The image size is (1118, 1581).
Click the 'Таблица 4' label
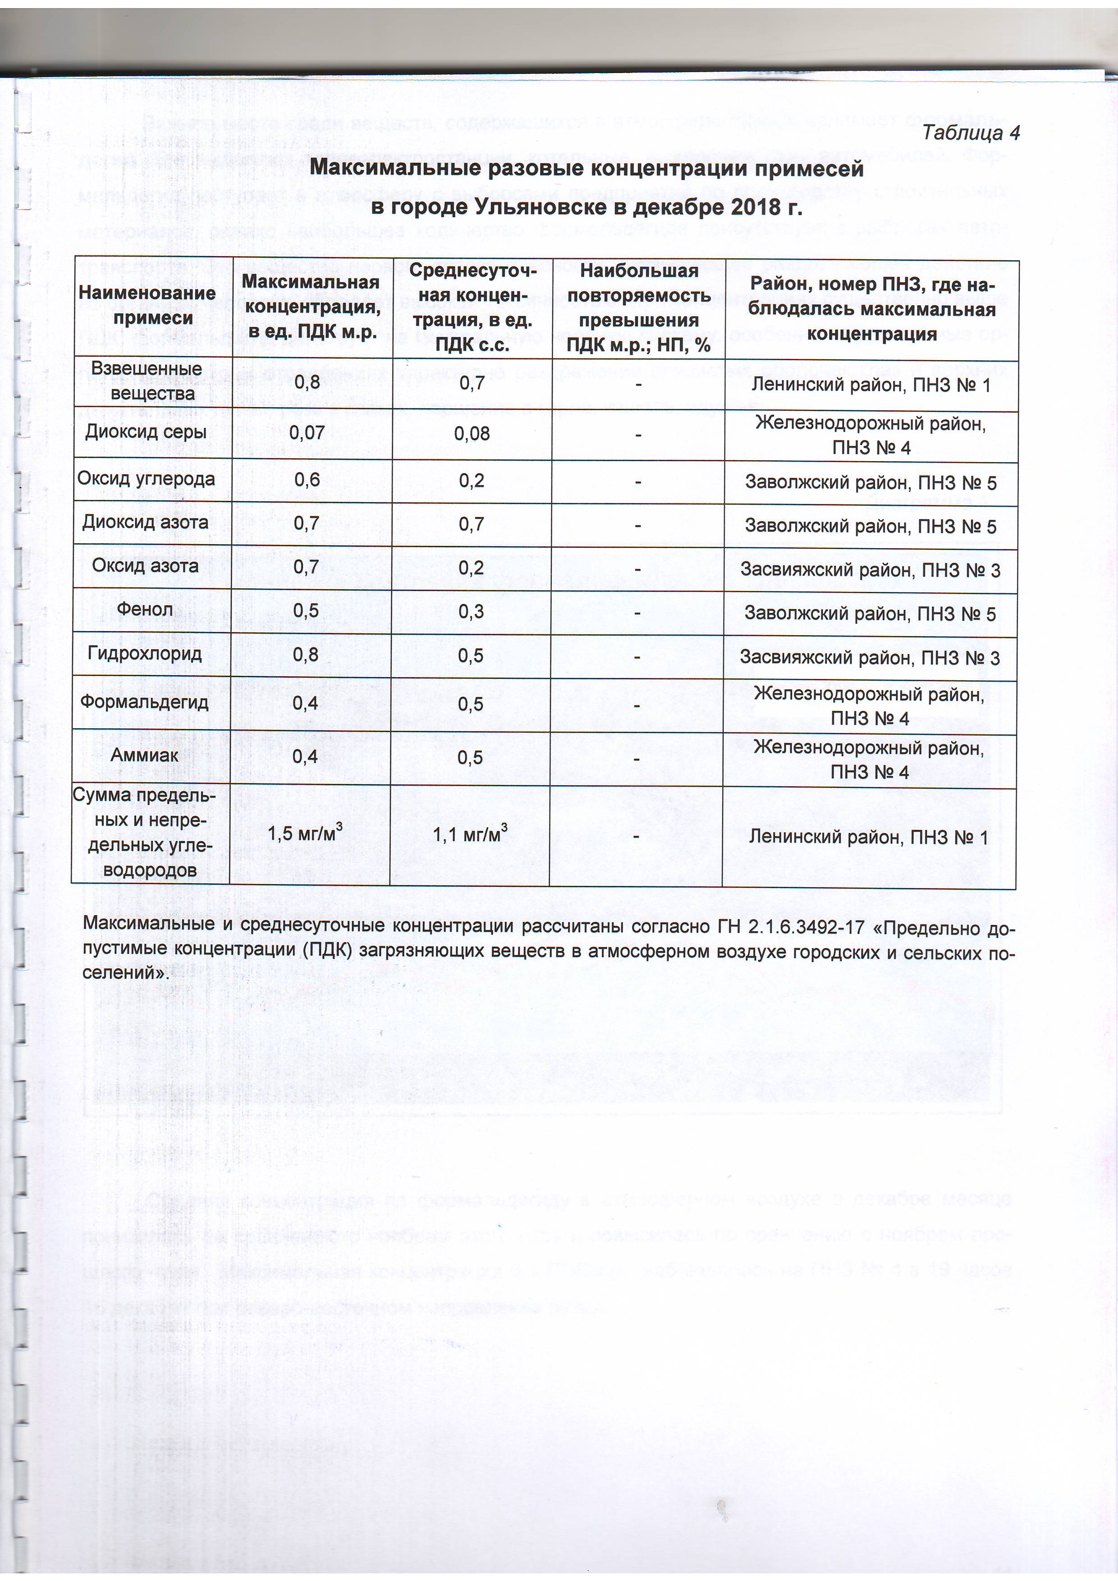(970, 133)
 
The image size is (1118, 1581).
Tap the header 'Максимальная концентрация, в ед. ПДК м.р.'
(312, 307)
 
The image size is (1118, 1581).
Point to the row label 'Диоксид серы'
(146, 432)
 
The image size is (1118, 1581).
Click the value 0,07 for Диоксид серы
(307, 432)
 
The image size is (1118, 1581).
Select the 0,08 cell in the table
(472, 433)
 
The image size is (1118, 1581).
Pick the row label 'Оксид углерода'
(146, 479)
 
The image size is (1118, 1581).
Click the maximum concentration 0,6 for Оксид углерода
(307, 479)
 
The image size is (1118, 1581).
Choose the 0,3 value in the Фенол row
(472, 611)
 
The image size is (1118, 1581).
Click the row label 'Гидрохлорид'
(145, 653)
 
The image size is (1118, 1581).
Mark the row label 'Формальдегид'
(145, 701)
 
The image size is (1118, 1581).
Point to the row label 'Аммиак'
(145, 755)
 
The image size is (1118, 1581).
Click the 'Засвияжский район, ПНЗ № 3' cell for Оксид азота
(870, 569)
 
